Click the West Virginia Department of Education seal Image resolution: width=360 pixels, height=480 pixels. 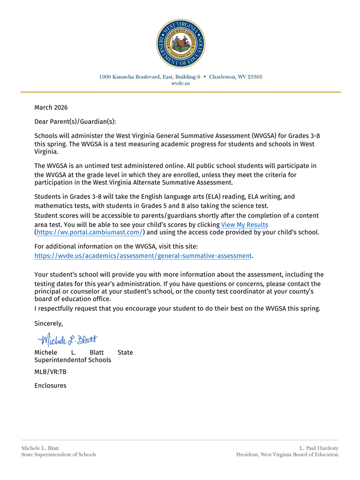point(180,44)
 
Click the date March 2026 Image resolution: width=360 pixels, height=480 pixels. point(51,108)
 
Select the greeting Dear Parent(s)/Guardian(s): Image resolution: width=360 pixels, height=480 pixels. point(75,121)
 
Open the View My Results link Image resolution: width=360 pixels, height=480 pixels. point(244,225)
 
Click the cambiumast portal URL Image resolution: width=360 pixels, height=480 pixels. point(90,232)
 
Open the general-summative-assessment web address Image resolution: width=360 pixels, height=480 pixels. point(143,256)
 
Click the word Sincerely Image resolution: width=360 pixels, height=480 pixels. point(48,323)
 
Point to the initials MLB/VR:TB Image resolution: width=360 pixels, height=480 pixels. point(50,372)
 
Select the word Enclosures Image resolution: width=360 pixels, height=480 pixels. point(50,386)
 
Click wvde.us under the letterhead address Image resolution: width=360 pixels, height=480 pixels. point(180,83)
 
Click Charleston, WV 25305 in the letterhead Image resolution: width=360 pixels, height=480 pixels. point(236,77)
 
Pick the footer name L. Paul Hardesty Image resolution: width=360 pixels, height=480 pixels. point(319,448)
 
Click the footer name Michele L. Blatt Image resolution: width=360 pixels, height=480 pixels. point(40,448)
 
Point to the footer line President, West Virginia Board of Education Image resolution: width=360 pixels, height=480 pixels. point(287,455)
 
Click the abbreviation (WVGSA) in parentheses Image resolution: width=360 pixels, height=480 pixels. point(268,135)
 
